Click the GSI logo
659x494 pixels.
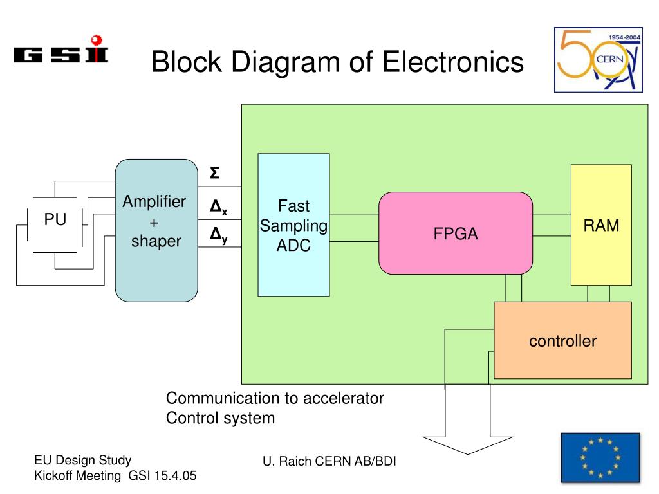(61, 49)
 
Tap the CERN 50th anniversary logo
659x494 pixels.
(598, 60)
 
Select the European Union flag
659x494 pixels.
(600, 458)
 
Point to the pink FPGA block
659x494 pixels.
(456, 233)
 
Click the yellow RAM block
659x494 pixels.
(601, 224)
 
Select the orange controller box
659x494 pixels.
(562, 340)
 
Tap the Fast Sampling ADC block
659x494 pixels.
(293, 224)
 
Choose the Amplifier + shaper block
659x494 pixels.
(156, 230)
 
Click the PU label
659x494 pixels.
(55, 219)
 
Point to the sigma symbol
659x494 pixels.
(214, 172)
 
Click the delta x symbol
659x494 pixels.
(219, 207)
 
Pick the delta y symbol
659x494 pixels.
(219, 235)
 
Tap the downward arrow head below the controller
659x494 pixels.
(467, 444)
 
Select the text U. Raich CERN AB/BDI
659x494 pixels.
(329, 461)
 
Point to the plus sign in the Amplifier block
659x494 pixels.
(154, 222)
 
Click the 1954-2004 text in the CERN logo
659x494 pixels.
(624, 37)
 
